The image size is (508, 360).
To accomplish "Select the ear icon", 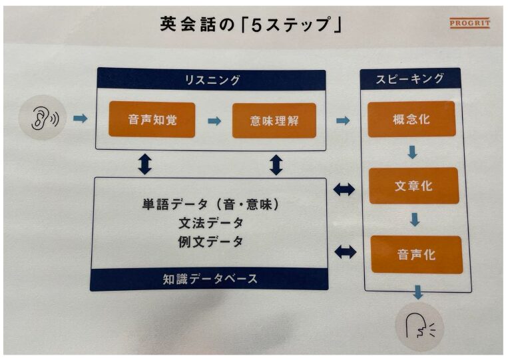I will pyautogui.click(x=45, y=119).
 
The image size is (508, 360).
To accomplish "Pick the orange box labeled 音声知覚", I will pyautogui.click(x=152, y=120).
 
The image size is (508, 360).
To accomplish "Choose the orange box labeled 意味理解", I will pyautogui.click(x=274, y=120).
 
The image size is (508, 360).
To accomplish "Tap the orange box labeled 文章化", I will pyautogui.click(x=413, y=186).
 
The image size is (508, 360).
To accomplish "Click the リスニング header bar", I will pyautogui.click(x=211, y=80).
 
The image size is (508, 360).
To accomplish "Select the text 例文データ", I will pyautogui.click(x=211, y=241).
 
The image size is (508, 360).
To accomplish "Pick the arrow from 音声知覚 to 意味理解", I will pyautogui.click(x=214, y=120).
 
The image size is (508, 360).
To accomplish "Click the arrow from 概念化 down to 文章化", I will pyautogui.click(x=413, y=152).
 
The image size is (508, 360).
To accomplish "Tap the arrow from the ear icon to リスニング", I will pyautogui.click(x=79, y=119).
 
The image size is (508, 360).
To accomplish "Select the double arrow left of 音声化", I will pyautogui.click(x=345, y=252).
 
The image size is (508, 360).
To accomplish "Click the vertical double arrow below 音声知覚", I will pyautogui.click(x=144, y=163).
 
